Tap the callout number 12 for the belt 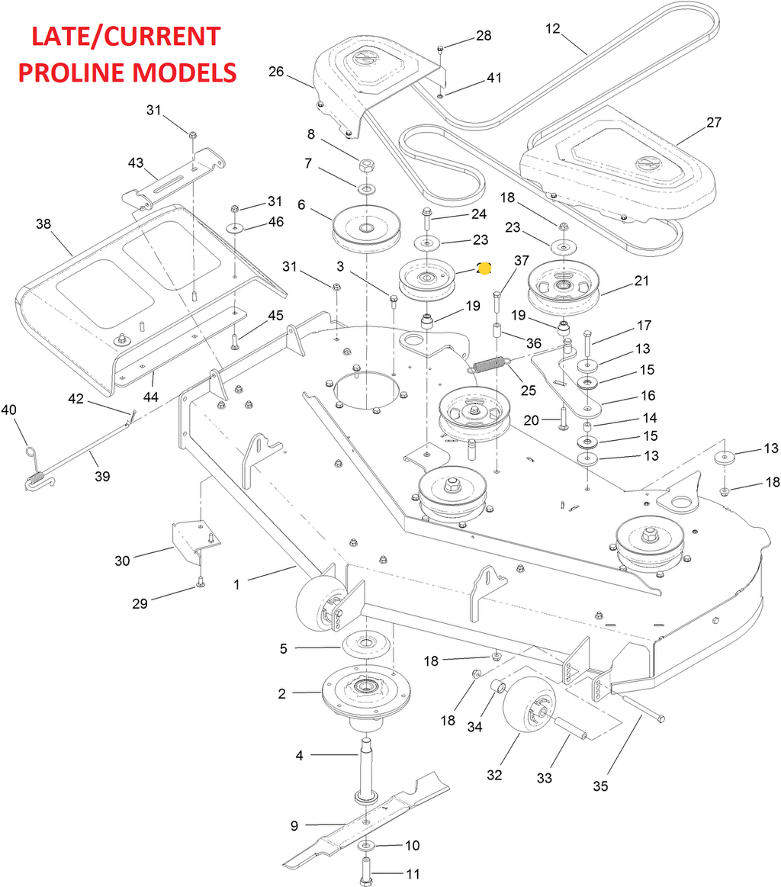[x=552, y=29]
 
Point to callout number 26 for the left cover [x=276, y=72]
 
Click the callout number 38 [x=43, y=224]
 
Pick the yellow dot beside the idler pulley [x=484, y=268]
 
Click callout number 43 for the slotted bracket [x=136, y=163]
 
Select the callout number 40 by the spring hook [x=8, y=410]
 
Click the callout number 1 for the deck [x=236, y=584]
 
